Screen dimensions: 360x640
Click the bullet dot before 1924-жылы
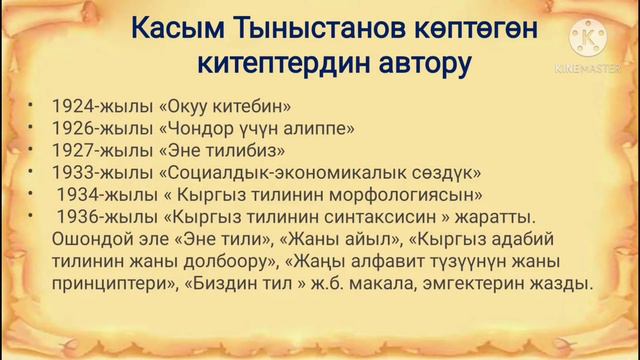coord(32,105)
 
